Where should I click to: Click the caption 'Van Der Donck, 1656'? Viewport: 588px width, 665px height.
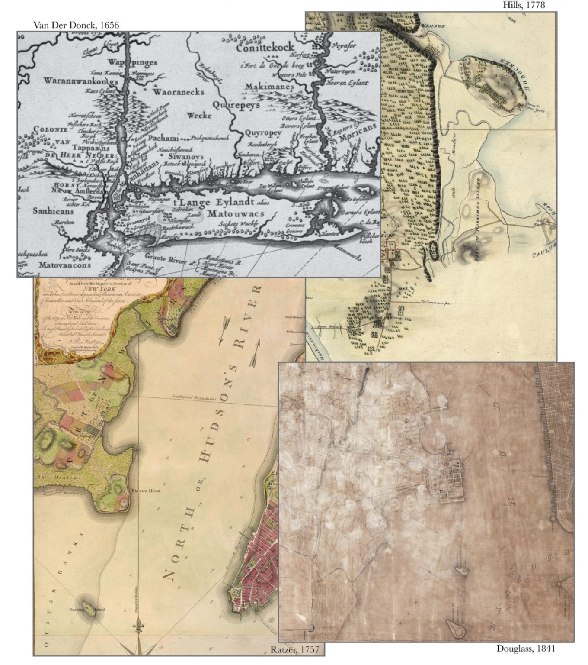[76, 25]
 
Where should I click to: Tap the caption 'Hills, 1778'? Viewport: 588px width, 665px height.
[524, 5]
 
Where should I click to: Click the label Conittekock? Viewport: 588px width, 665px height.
[265, 47]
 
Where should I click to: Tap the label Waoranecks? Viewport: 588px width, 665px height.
[178, 92]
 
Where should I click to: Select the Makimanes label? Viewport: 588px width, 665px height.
[269, 87]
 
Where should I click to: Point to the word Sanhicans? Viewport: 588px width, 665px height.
[53, 211]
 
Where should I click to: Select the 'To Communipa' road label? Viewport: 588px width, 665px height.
[435, 303]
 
